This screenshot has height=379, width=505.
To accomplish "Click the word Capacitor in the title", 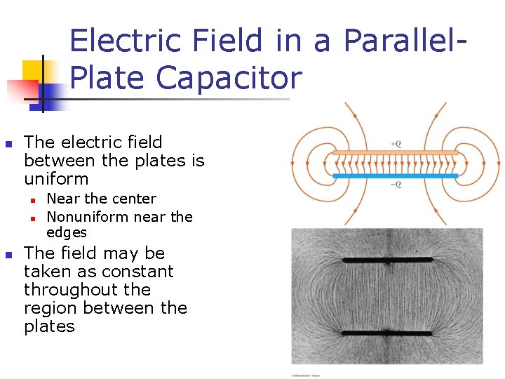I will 230,78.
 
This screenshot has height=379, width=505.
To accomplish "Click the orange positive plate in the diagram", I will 395,152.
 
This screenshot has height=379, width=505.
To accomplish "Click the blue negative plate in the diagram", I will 395,175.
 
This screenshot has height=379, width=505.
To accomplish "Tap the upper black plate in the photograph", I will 387,260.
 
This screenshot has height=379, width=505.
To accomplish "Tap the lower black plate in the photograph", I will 387,333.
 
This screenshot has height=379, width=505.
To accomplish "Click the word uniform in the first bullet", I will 56,179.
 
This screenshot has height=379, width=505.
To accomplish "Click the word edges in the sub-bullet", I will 67,233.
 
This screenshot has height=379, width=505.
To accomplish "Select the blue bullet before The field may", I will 9,254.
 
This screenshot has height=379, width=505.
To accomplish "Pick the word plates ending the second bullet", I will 49,326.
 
